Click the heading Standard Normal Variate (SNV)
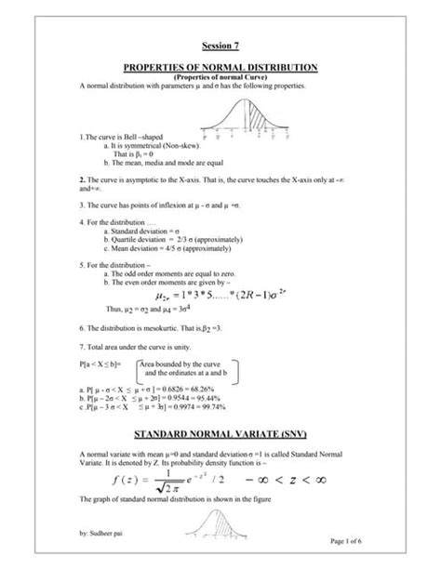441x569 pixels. tap(221, 434)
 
